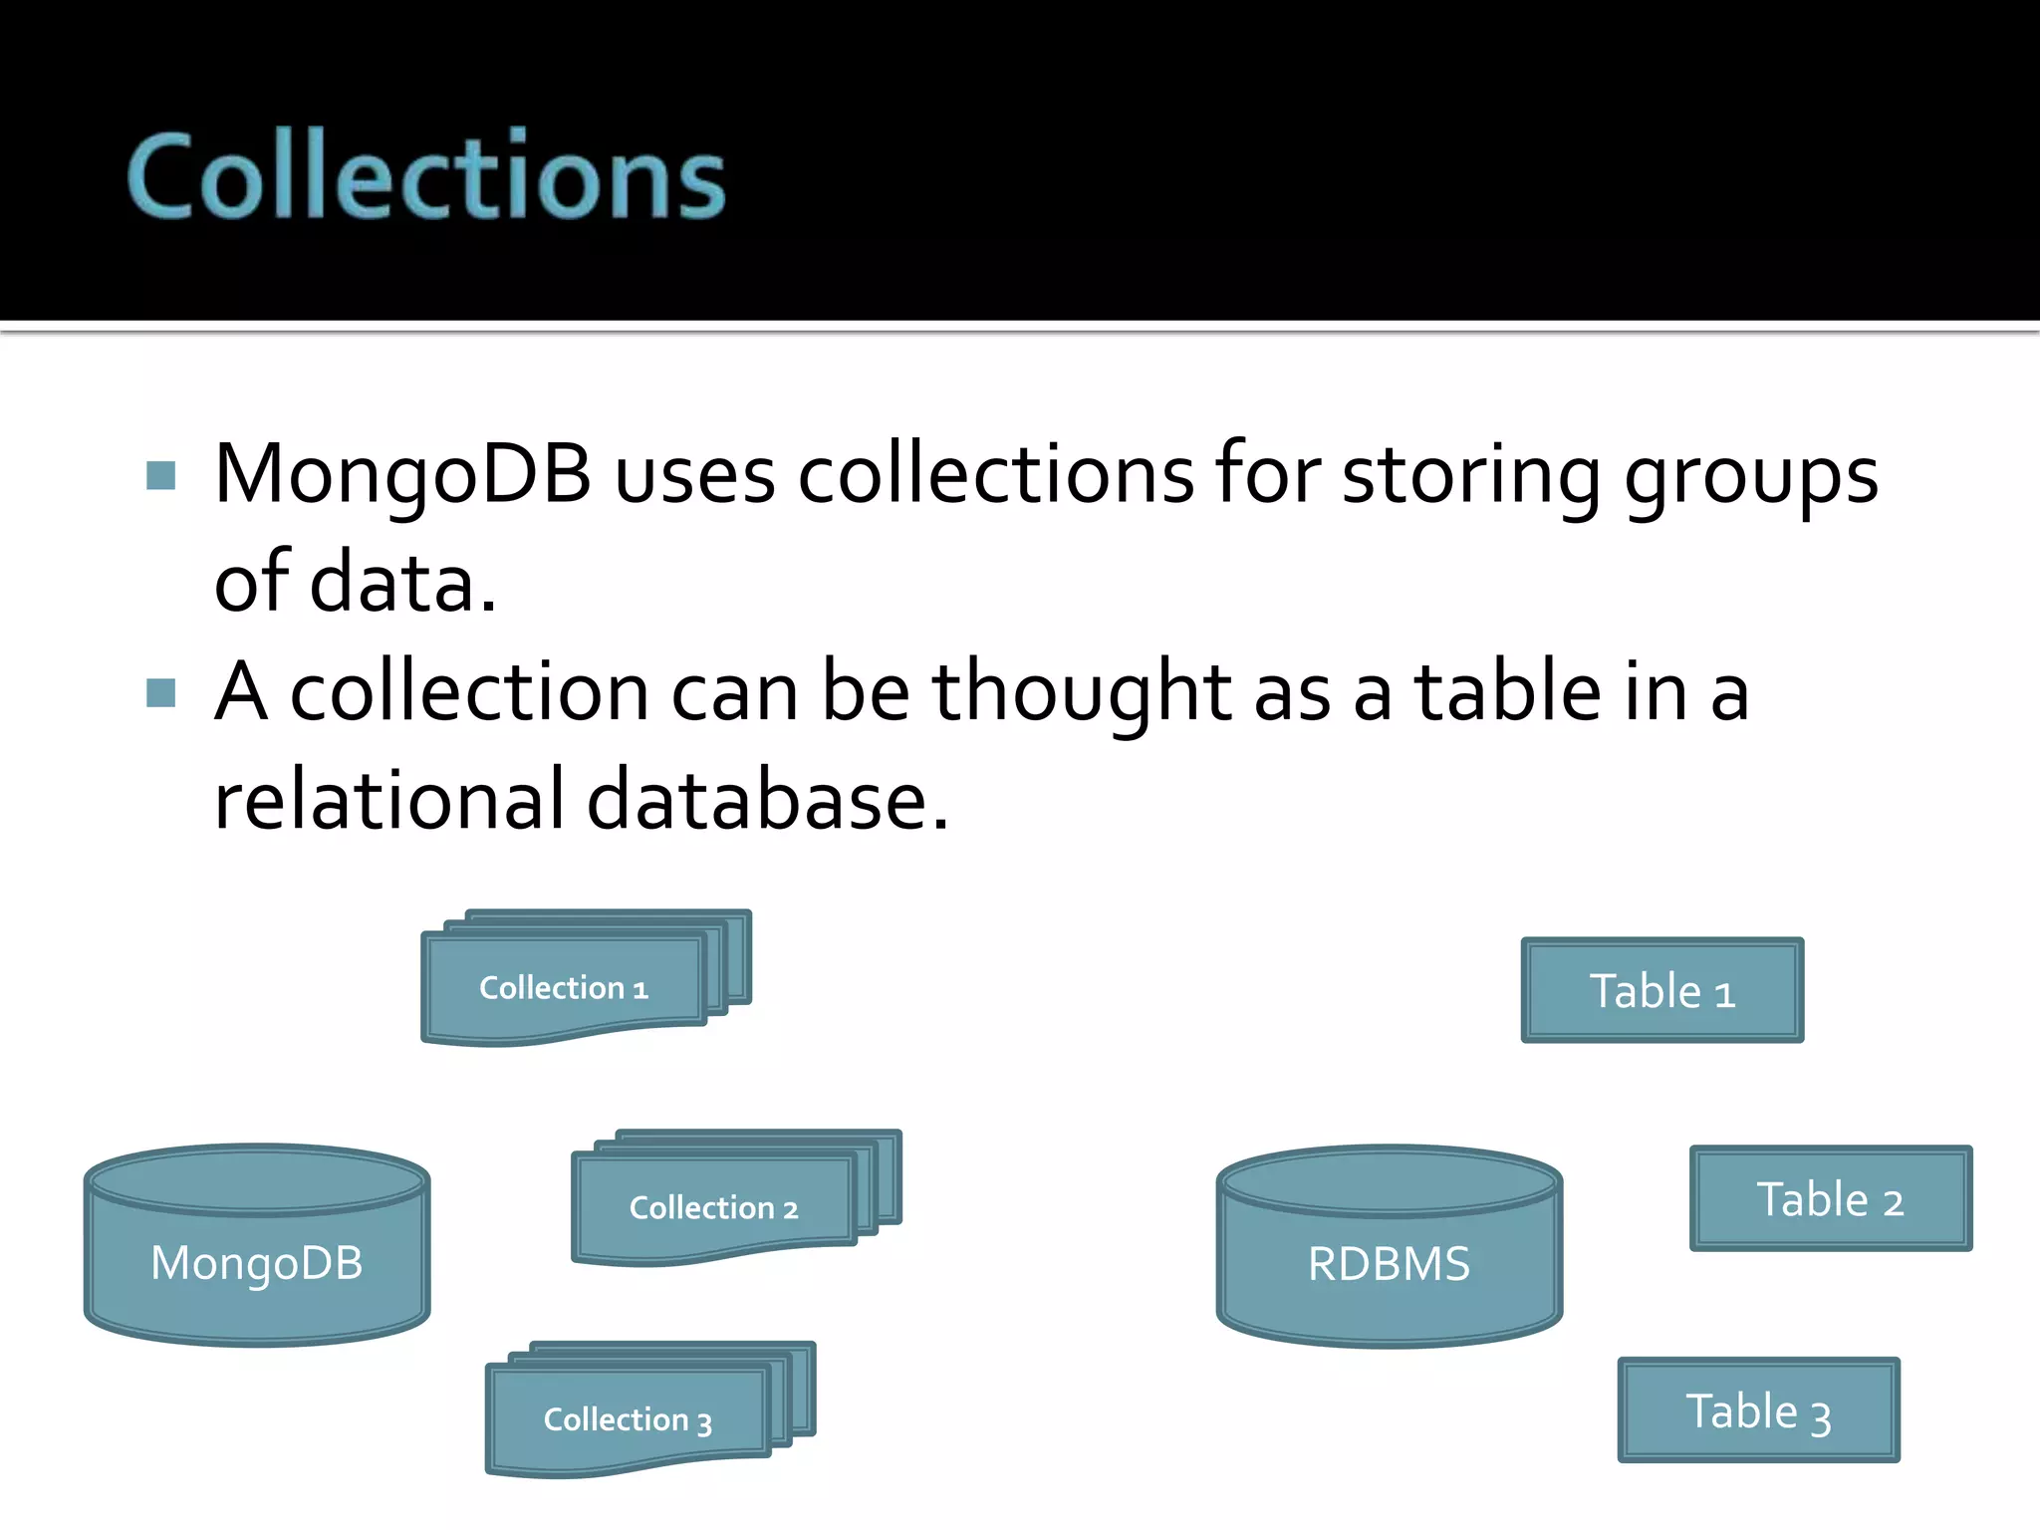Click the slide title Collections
[x=426, y=176]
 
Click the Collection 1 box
[x=564, y=988]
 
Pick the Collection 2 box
[x=713, y=1208]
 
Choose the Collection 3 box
[x=628, y=1419]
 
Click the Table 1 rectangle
[x=1661, y=991]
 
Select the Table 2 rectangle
[x=1830, y=1199]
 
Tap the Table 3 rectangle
[x=1758, y=1411]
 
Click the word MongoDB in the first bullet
[x=402, y=474]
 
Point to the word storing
[x=1470, y=476]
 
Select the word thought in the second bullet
[x=1081, y=693]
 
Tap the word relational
[x=389, y=800]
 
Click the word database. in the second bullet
[x=767, y=800]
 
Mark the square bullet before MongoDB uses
[x=160, y=475]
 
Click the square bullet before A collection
[x=160, y=692]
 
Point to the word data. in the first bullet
[x=402, y=583]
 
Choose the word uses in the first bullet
[x=694, y=476]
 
